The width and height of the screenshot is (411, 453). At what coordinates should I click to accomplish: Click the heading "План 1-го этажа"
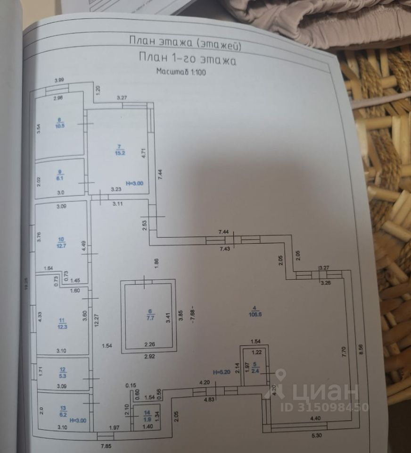pyautogui.click(x=187, y=59)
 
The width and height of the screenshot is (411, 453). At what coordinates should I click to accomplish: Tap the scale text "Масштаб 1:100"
pyautogui.click(x=181, y=72)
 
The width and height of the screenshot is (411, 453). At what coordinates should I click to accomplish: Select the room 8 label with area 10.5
pyautogui.click(x=59, y=124)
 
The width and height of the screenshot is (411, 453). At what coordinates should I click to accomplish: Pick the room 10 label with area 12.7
pyautogui.click(x=59, y=242)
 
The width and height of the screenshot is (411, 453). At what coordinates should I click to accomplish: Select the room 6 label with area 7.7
pyautogui.click(x=150, y=314)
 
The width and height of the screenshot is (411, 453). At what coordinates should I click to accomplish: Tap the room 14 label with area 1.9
pyautogui.click(x=146, y=415)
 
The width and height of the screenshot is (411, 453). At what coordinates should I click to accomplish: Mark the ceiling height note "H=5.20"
pyautogui.click(x=221, y=371)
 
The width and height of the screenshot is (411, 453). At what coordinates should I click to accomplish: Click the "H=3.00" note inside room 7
pyautogui.click(x=134, y=183)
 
